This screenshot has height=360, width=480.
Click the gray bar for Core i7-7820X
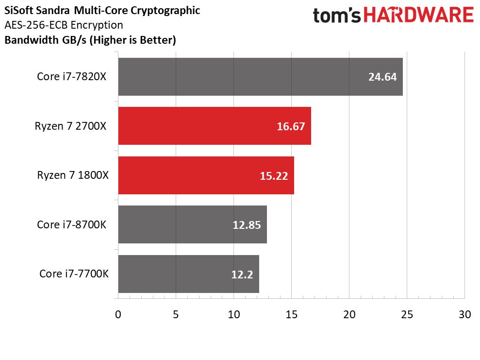coord(261,77)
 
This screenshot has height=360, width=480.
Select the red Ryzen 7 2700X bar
coord(215,126)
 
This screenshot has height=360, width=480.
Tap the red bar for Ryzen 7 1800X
coord(206,175)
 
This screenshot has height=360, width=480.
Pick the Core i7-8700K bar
coord(193,224)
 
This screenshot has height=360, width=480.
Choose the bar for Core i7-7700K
coord(189,274)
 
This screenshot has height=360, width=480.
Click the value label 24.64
coord(382,77)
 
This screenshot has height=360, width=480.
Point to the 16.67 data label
coord(291,126)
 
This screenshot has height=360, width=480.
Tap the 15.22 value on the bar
coord(274,176)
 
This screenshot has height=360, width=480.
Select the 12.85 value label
coord(247,225)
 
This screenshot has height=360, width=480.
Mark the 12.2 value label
coord(242,274)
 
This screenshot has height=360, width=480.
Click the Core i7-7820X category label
coord(72,76)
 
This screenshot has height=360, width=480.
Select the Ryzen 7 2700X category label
coord(70,126)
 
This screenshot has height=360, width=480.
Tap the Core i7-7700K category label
coord(74,274)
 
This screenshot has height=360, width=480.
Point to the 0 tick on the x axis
coord(118,314)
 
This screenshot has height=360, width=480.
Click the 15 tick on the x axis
coord(291,314)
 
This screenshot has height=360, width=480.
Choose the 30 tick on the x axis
coord(464,314)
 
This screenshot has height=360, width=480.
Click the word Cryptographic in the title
coord(166,11)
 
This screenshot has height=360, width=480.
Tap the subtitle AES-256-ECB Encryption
coord(64,25)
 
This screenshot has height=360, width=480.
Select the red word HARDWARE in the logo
coord(418,16)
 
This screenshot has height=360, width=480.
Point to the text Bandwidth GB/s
coord(46,40)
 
